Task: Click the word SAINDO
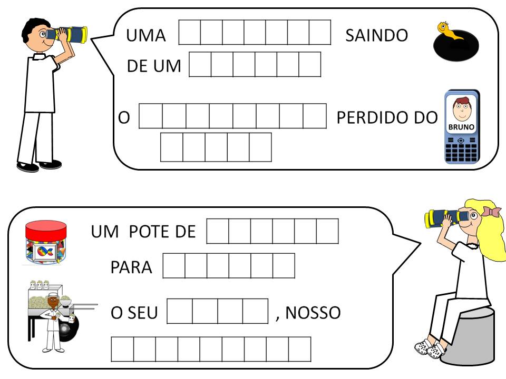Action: (x=376, y=36)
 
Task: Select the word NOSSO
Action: (x=314, y=313)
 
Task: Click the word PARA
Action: (x=131, y=267)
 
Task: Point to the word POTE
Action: (x=145, y=232)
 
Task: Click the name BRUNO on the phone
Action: (x=461, y=127)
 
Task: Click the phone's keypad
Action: (x=461, y=153)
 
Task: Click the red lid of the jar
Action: (x=46, y=229)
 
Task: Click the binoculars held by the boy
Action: (x=68, y=35)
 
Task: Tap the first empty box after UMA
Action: (x=190, y=32)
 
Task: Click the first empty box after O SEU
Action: (x=179, y=311)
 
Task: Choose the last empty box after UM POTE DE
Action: (x=327, y=231)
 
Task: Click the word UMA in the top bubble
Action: (x=145, y=36)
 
